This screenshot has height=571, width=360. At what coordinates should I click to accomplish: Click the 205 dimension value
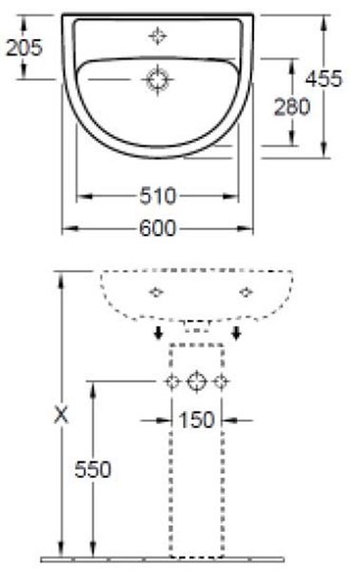point(24,48)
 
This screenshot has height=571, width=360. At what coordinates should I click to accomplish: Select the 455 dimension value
point(324,78)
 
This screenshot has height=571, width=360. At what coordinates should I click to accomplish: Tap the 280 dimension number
point(291,107)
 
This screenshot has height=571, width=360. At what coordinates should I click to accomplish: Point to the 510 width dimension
point(157,196)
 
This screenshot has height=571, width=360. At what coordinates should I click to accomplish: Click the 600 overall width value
point(157,228)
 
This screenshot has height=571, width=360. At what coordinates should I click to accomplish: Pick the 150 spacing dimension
point(197,420)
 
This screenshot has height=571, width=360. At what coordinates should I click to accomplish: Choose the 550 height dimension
point(92,469)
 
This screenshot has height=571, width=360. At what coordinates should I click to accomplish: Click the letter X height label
point(61,416)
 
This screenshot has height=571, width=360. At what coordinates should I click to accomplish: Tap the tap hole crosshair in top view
point(158,36)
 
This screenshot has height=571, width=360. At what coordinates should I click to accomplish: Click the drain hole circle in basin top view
point(158,80)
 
